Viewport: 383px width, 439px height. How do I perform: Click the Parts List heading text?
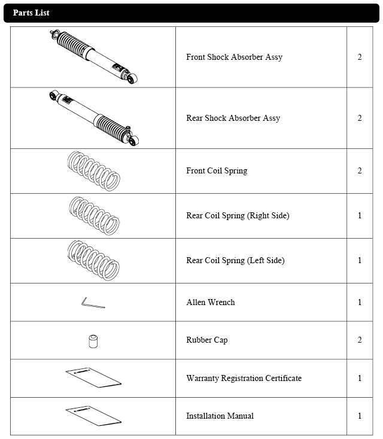(31, 13)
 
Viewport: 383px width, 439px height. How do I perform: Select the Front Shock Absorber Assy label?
(234, 57)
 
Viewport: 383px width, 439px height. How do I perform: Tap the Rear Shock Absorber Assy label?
(233, 118)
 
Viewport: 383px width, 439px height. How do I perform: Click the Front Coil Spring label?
(217, 171)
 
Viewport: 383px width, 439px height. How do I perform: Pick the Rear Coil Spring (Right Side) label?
(238, 215)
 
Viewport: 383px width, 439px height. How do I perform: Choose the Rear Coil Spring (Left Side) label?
(235, 260)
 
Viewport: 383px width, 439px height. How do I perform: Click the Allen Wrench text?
(211, 302)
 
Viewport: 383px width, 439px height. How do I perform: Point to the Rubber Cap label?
(207, 340)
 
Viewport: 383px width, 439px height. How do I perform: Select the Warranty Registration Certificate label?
(244, 378)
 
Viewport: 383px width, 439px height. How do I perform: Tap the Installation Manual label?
(220, 416)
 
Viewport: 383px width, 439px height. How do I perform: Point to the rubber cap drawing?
(93, 342)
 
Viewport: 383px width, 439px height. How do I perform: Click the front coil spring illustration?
(93, 171)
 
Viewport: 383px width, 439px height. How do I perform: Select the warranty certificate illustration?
(93, 377)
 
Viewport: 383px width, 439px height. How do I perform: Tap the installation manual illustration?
(93, 416)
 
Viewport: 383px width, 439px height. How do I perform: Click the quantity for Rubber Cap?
(360, 340)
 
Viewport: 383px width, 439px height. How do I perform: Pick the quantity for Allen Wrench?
(360, 302)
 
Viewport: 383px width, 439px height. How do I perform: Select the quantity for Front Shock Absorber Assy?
(360, 57)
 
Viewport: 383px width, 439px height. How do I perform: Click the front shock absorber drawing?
(93, 57)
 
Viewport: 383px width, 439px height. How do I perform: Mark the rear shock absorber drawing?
(94, 118)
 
